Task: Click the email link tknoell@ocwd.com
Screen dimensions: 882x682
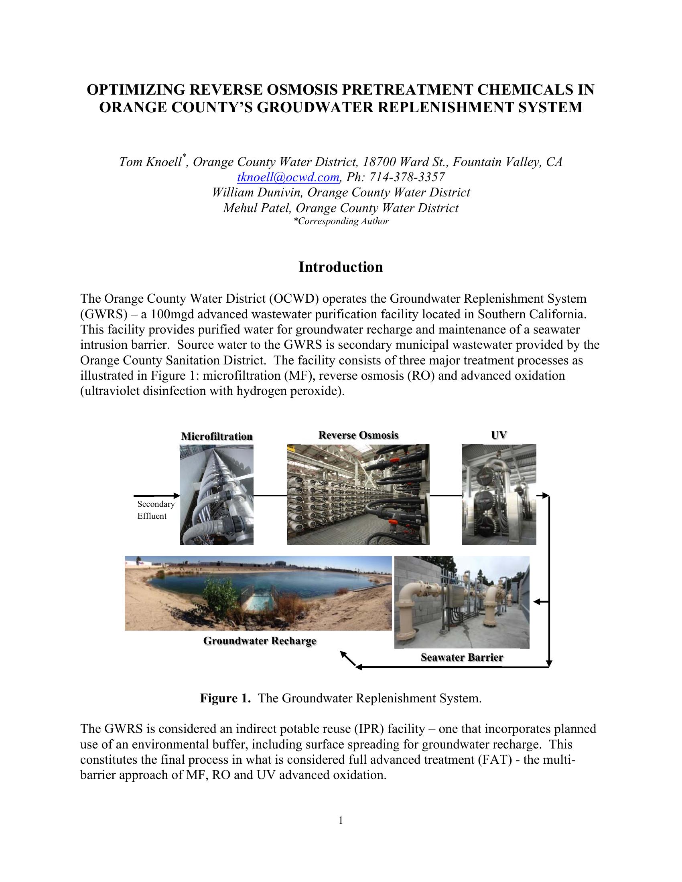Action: (288, 177)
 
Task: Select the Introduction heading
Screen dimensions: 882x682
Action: (341, 267)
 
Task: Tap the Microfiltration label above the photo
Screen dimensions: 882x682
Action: (217, 436)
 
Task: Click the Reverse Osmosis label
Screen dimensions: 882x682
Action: (358, 435)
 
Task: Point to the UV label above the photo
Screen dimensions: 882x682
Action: (499, 435)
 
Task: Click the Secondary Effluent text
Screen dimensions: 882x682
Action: (156, 510)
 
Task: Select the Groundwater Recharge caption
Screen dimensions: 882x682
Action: (260, 641)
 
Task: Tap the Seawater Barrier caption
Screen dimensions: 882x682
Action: (462, 657)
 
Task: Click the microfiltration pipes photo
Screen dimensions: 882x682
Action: (217, 495)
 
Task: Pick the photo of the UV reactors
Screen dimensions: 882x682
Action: (499, 495)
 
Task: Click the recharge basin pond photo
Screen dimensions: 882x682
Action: (258, 593)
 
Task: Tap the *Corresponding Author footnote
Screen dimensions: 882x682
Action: (341, 221)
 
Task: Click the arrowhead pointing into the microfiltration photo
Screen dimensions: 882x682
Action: (177, 495)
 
